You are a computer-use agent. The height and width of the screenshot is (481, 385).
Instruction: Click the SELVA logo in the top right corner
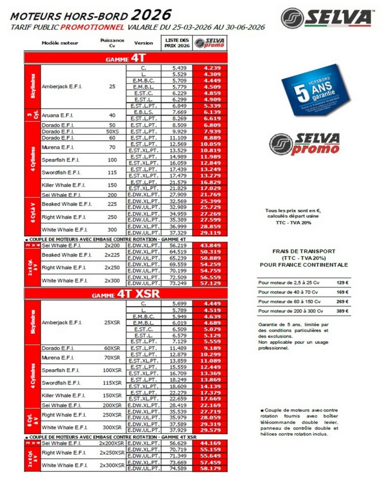coord(327,18)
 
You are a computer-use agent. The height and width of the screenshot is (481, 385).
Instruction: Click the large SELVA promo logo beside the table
coord(305,144)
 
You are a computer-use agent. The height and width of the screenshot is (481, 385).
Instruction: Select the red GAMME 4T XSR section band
coord(126,294)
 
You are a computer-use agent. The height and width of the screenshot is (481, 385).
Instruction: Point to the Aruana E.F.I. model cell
coord(59,115)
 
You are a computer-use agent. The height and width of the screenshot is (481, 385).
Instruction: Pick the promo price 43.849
coord(210,245)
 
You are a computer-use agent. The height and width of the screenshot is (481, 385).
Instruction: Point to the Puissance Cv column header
coord(112,43)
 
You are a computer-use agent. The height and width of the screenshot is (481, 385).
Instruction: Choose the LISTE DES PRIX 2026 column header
coord(177,43)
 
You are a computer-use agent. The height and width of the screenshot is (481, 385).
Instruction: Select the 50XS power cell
coord(112,132)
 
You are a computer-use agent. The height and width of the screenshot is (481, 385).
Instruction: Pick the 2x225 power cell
coord(112,255)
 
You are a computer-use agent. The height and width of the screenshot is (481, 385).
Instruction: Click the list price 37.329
coord(177,233)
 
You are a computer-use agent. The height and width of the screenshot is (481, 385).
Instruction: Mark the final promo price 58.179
coord(210,468)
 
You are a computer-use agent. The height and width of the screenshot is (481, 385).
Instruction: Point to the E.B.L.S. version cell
coord(143,112)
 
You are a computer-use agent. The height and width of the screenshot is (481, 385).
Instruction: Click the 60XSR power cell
coord(112,348)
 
